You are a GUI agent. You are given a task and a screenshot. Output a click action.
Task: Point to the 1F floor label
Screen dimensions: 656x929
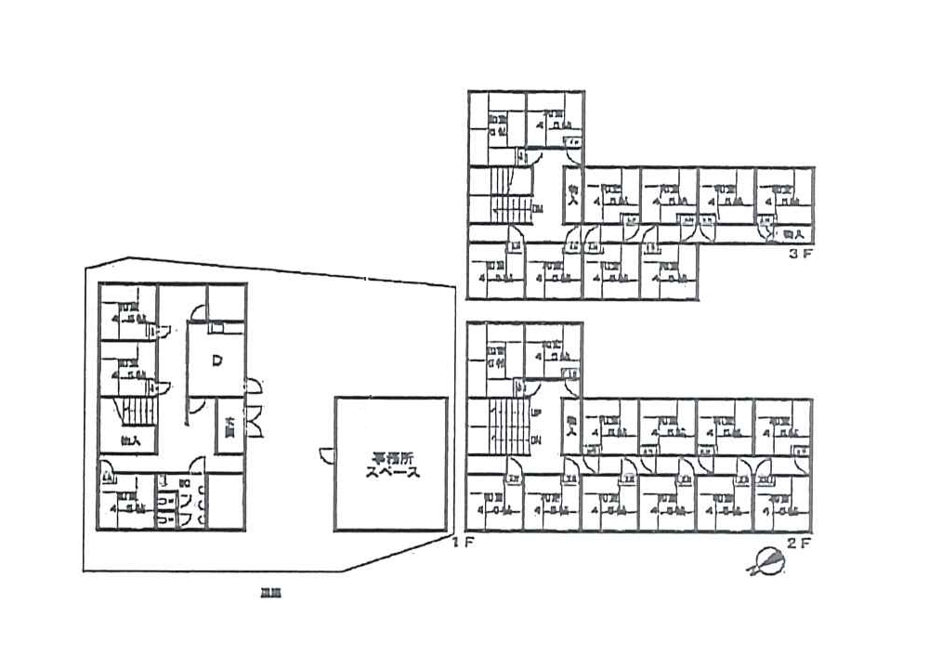pyautogui.click(x=463, y=543)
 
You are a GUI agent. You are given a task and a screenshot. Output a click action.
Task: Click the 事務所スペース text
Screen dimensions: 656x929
pyautogui.click(x=391, y=465)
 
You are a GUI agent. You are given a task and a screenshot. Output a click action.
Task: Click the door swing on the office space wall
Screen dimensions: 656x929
pyautogui.click(x=325, y=455)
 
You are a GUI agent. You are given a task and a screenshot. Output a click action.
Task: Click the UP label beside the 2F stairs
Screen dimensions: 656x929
pyautogui.click(x=535, y=413)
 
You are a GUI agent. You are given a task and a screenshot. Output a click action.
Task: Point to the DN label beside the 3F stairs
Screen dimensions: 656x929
pyautogui.click(x=536, y=208)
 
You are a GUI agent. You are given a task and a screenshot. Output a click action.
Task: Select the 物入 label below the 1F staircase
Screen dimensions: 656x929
pyautogui.click(x=130, y=440)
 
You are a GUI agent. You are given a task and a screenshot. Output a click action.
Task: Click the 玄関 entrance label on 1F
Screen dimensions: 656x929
pyautogui.click(x=229, y=427)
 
